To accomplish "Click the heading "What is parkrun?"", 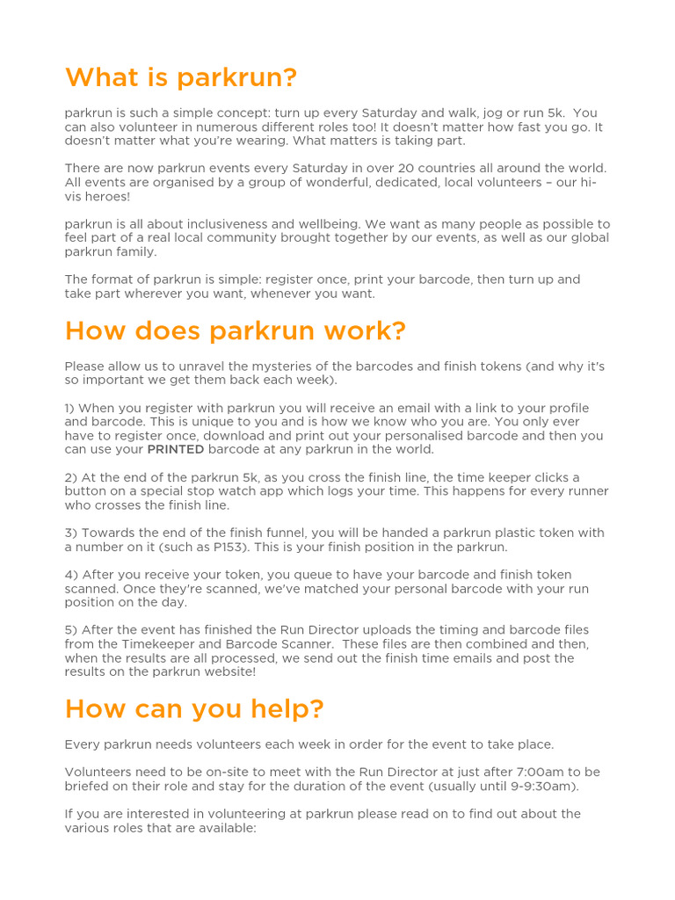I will click(181, 78).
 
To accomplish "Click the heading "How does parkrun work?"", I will click(236, 331).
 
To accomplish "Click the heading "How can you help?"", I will click(194, 708).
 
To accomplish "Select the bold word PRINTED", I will click(176, 449).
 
